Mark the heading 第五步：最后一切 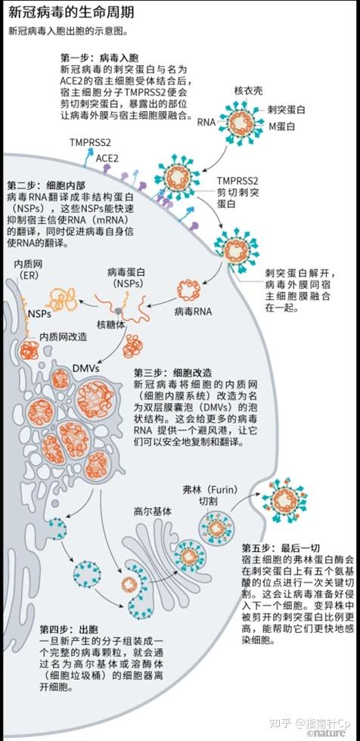point(282,547)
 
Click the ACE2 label point(107,158)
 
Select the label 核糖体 point(109,325)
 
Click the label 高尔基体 point(152,510)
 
